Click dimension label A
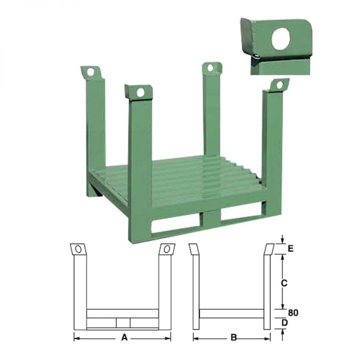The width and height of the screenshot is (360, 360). pyautogui.click(x=124, y=337)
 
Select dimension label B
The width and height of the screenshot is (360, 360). pyautogui.click(x=233, y=337)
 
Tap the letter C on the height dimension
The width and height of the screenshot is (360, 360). pyautogui.click(x=284, y=283)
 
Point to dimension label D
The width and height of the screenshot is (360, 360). pyautogui.click(x=285, y=322)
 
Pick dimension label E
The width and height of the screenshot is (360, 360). pyautogui.click(x=291, y=248)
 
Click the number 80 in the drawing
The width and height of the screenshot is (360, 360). pyautogui.click(x=293, y=313)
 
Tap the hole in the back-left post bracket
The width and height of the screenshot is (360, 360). pyautogui.click(x=90, y=72)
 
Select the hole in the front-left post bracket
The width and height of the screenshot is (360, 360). pyautogui.click(x=140, y=93)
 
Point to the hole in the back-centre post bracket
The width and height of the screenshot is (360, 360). pyautogui.click(x=210, y=67)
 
